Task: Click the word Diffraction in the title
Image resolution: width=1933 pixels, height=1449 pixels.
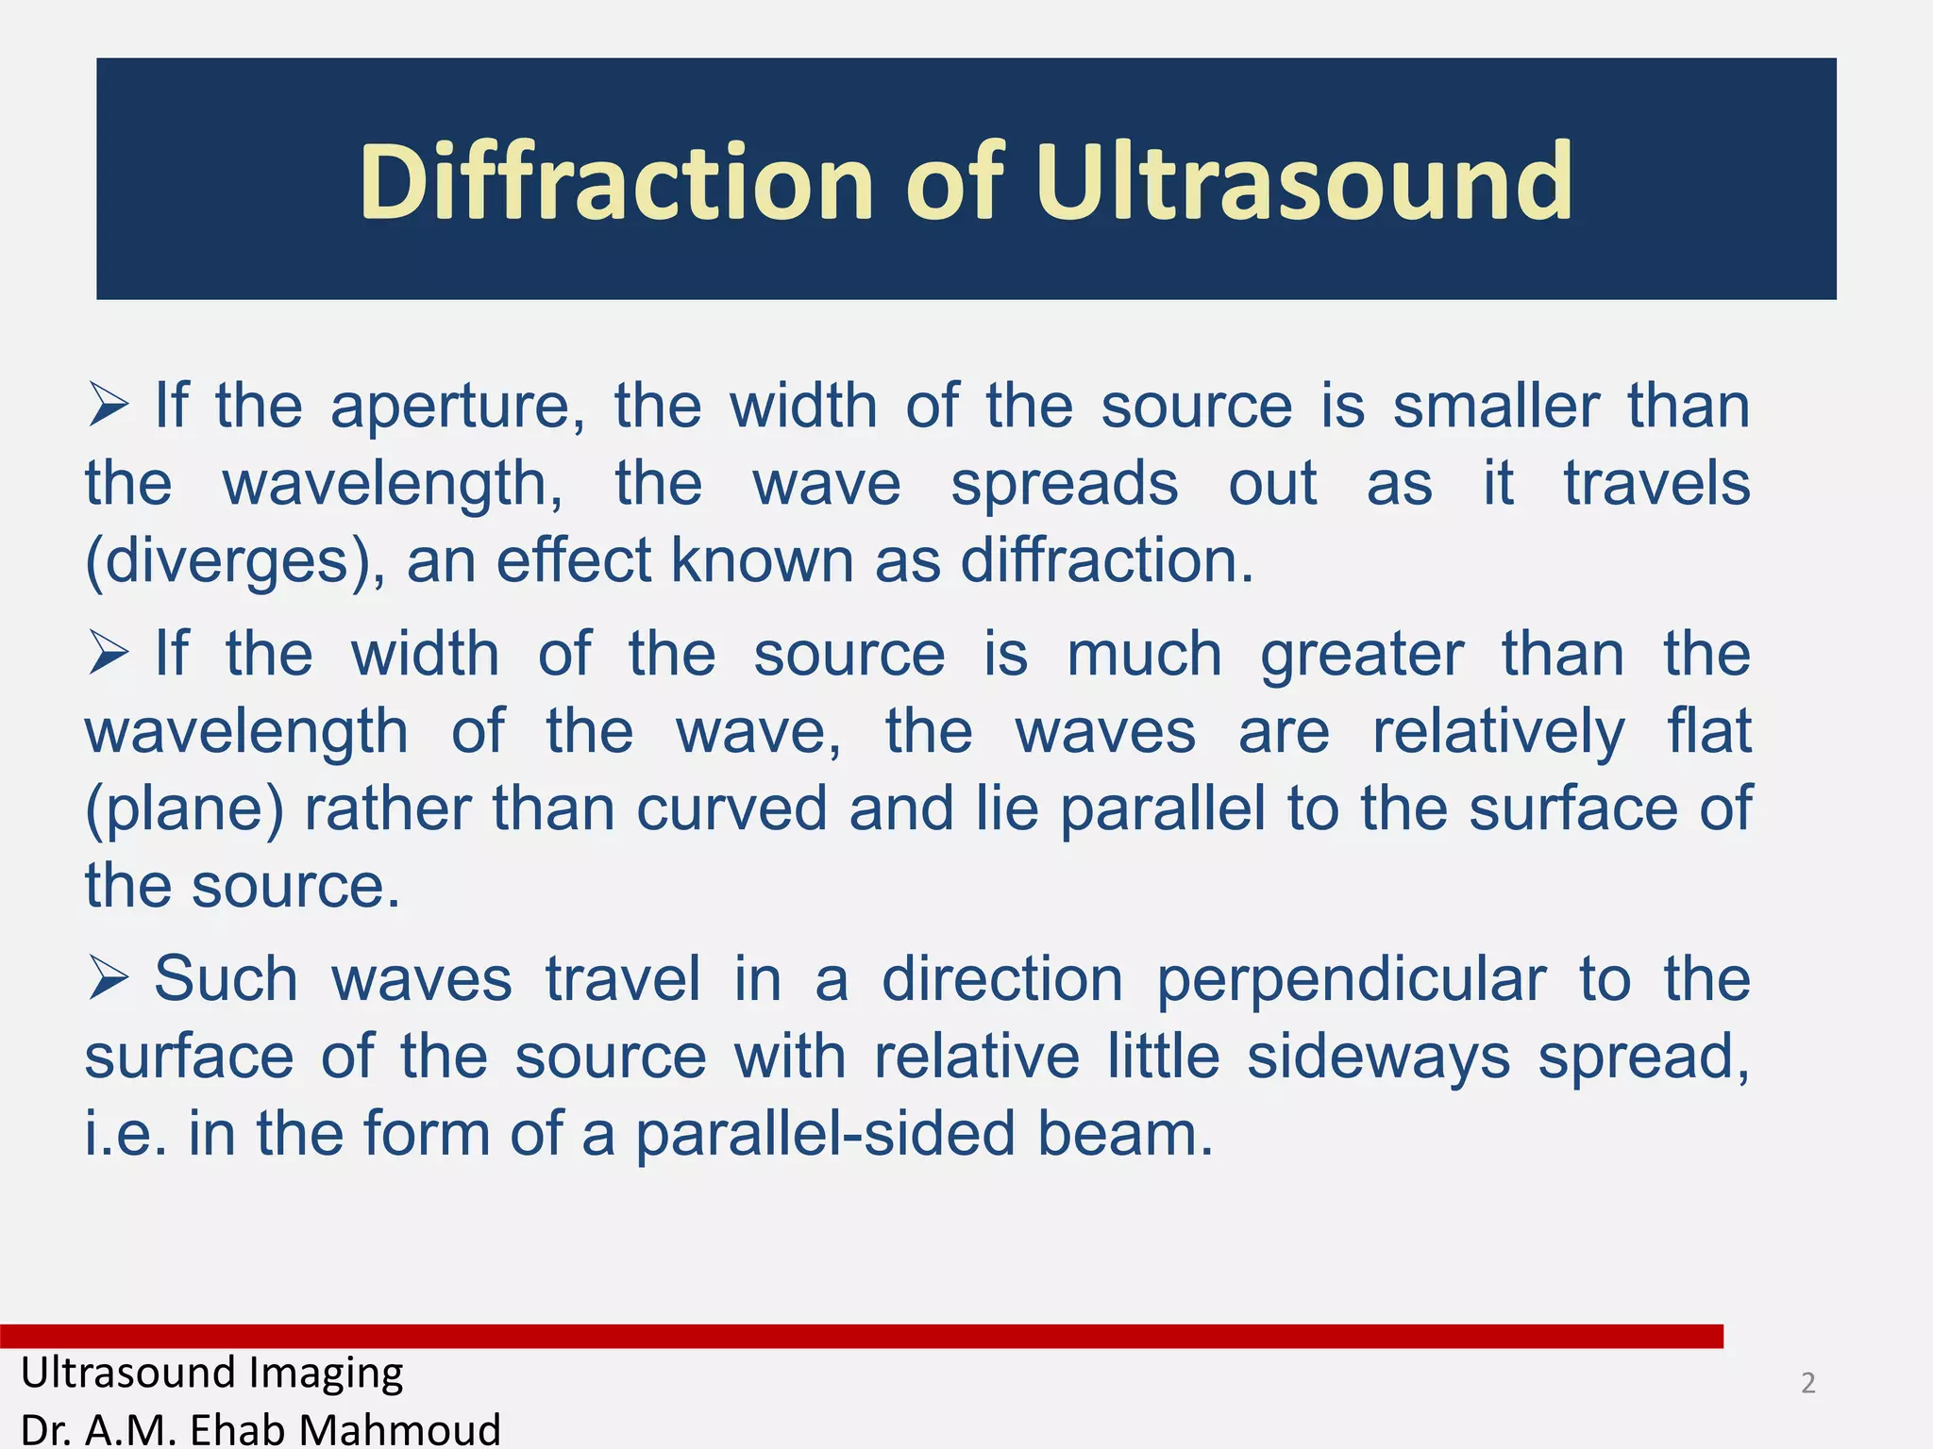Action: pyautogui.click(x=615, y=181)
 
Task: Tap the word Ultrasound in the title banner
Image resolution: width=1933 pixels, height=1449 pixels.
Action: pyautogui.click(x=1303, y=181)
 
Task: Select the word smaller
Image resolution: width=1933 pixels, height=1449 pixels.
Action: pyautogui.click(x=1496, y=406)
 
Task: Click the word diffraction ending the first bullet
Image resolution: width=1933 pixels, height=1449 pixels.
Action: pyautogui.click(x=1106, y=560)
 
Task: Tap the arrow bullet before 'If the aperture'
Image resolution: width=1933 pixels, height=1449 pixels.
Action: pyautogui.click(x=109, y=406)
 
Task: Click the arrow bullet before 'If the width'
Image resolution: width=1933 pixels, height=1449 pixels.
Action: pyautogui.click(x=109, y=653)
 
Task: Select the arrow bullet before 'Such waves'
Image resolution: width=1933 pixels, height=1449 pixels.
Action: pyautogui.click(x=109, y=978)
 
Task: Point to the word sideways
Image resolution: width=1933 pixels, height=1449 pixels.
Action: pyautogui.click(x=1378, y=1058)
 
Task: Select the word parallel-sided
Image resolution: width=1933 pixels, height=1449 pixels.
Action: pyautogui.click(x=824, y=1135)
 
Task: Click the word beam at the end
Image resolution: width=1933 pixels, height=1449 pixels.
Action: pyautogui.click(x=1124, y=1133)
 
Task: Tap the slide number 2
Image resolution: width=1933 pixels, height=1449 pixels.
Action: pyautogui.click(x=1807, y=1383)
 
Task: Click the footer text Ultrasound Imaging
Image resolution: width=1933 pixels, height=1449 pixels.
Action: pyautogui.click(x=212, y=1373)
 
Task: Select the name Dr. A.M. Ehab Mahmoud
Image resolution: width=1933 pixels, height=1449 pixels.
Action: pyautogui.click(x=261, y=1429)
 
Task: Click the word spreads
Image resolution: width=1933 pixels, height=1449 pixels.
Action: pyautogui.click(x=1064, y=484)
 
